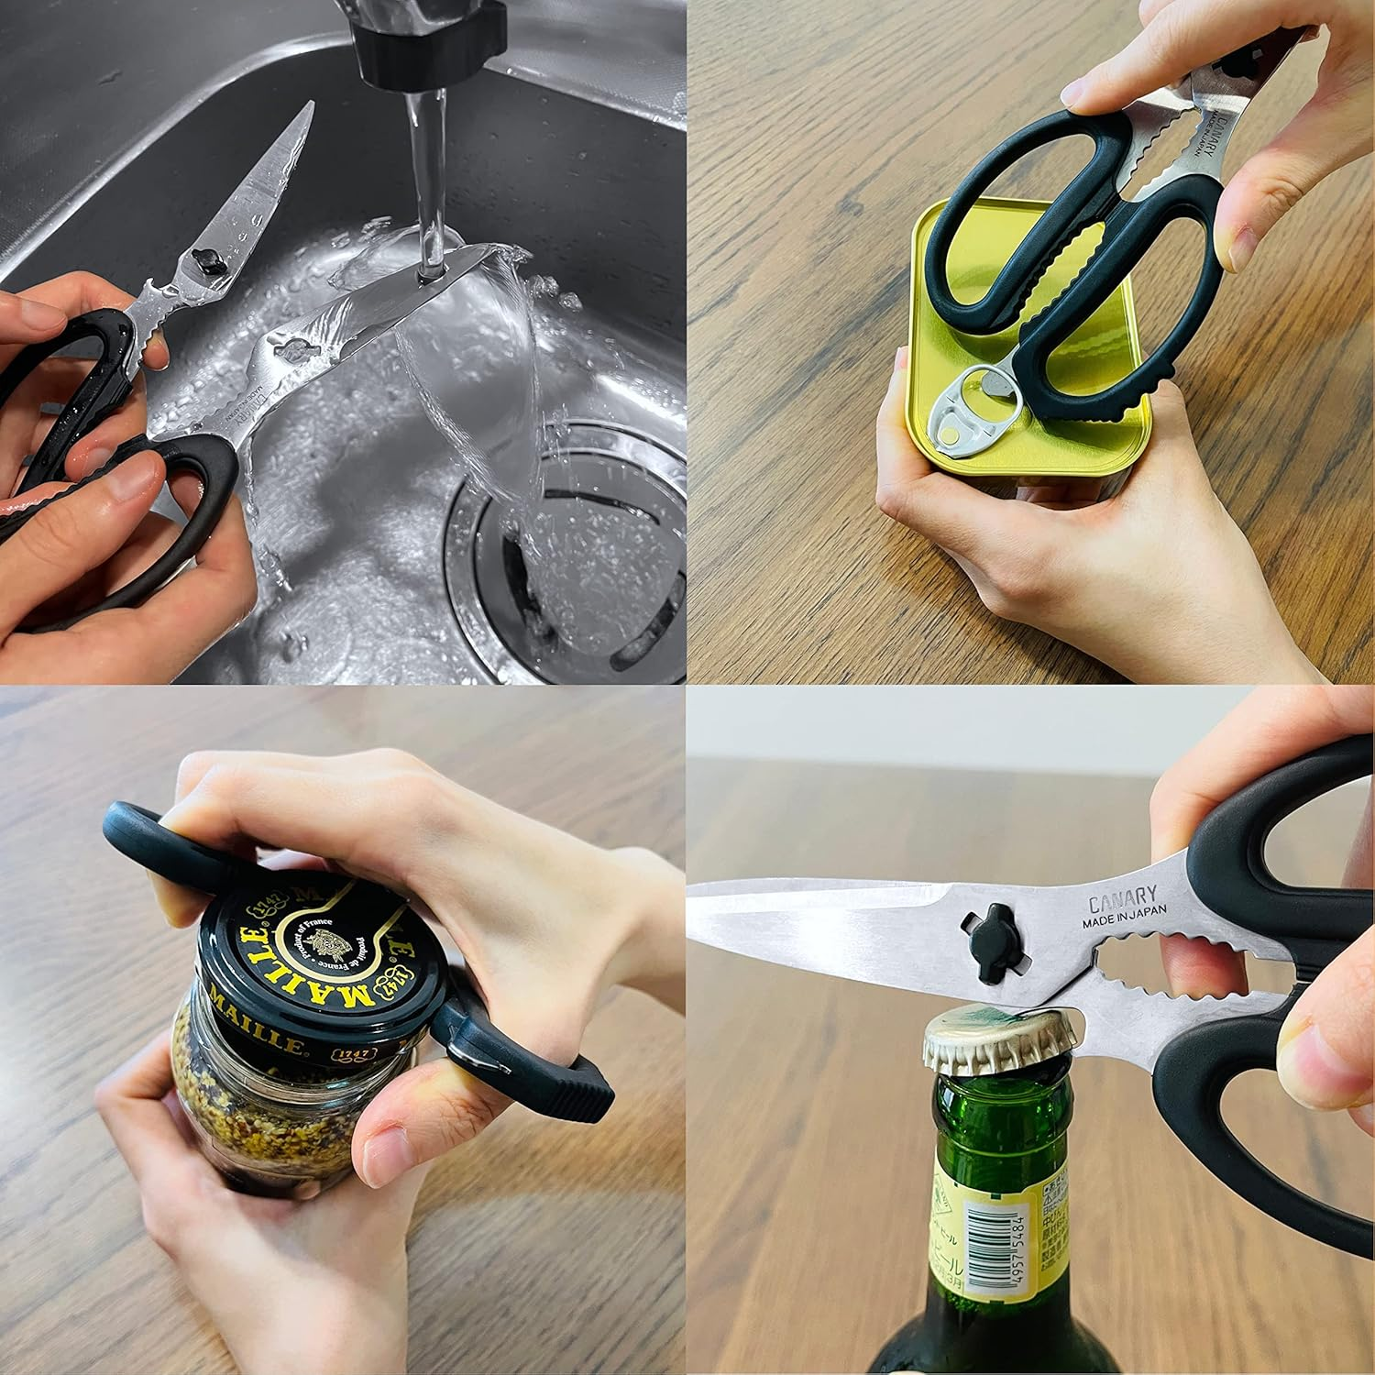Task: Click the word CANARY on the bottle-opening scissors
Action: pyautogui.click(x=1122, y=895)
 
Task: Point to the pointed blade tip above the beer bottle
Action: pyautogui.click(x=697, y=907)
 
